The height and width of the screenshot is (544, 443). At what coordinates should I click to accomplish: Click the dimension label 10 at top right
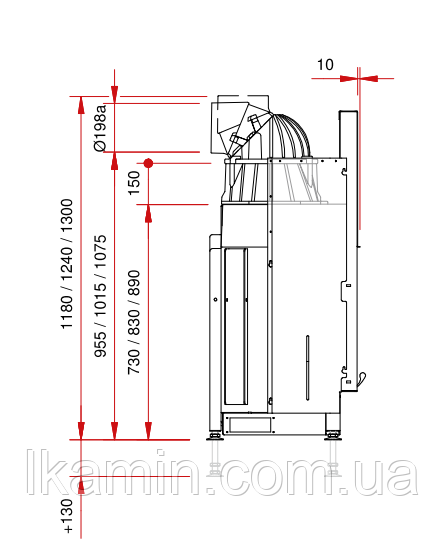pyautogui.click(x=325, y=65)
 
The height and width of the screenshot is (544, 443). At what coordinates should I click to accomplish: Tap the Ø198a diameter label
pyautogui.click(x=100, y=128)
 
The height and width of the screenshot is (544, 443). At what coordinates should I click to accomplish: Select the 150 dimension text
pyautogui.click(x=134, y=183)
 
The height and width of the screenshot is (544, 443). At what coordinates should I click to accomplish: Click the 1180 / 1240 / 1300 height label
pyautogui.click(x=67, y=264)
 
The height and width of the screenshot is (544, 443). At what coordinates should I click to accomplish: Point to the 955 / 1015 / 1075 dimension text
pyautogui.click(x=100, y=296)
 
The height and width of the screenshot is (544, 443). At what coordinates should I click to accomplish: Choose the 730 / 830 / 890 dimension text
pyautogui.click(x=134, y=322)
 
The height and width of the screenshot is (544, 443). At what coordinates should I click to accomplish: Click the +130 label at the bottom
pyautogui.click(x=67, y=516)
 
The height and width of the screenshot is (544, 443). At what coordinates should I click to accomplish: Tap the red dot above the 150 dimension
pyautogui.click(x=148, y=163)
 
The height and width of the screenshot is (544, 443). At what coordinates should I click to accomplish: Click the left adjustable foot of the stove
pyautogui.click(x=215, y=436)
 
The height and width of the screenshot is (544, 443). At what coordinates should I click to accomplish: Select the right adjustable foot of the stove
pyautogui.click(x=333, y=436)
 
